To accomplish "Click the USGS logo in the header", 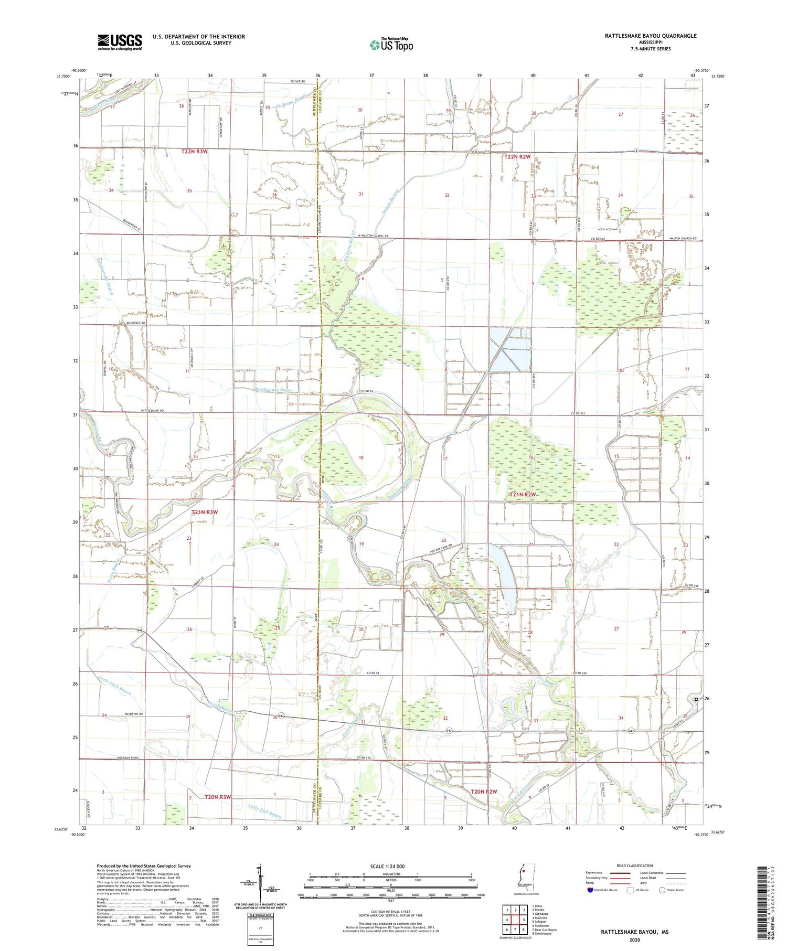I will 120,42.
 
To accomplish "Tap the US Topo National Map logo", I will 391,45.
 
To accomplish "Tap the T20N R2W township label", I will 483,792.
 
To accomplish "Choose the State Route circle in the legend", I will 663,890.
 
